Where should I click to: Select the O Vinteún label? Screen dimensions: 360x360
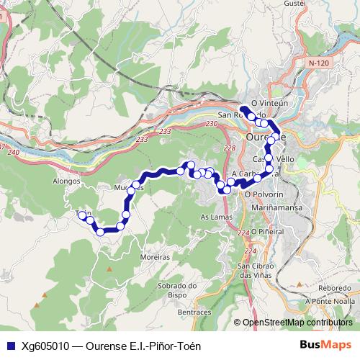[269, 103]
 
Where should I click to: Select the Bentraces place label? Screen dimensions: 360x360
[194, 312]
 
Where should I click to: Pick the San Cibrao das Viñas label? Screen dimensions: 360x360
[257, 271]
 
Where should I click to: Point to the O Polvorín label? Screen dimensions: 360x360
[264, 194]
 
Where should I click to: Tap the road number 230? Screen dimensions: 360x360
[211, 124]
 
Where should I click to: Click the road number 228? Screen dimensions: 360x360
[229, 148]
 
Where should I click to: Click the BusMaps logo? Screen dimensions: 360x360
[325, 344]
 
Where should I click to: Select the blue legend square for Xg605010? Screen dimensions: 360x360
[9, 345]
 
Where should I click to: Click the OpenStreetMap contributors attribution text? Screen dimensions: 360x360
[298, 323]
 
